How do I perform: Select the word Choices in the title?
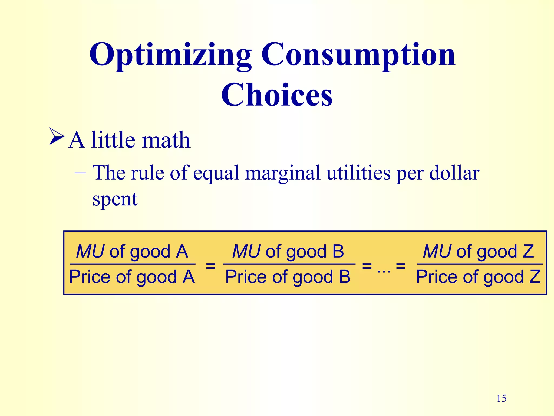point(277,95)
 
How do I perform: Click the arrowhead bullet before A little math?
point(57,137)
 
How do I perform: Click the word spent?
point(115,199)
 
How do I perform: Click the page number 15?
point(502,398)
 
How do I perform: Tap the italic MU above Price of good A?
point(90,251)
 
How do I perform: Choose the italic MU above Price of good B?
point(246,251)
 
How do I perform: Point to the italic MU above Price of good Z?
point(437,251)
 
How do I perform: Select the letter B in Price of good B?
point(344,277)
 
